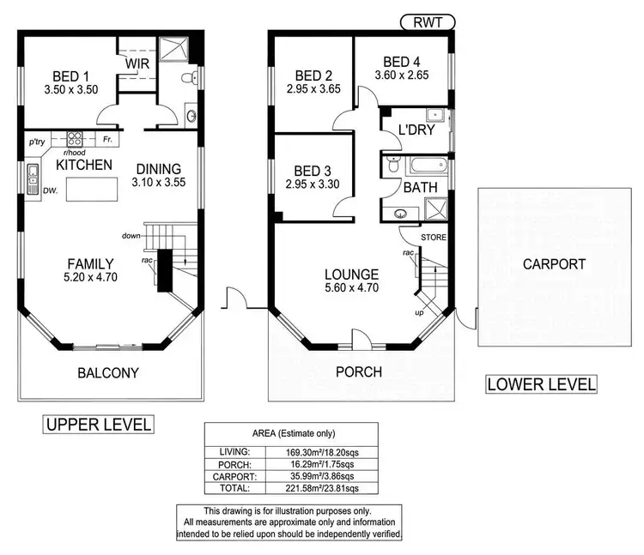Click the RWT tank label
(428, 22)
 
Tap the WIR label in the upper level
(137, 64)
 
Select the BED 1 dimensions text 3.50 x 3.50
(71, 89)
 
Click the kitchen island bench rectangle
(92, 189)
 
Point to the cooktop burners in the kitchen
(75, 139)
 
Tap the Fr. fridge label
(107, 140)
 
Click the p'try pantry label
(37, 142)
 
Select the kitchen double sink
(33, 179)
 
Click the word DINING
(159, 169)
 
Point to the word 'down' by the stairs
(131, 235)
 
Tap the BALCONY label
(108, 373)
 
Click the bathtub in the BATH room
(428, 166)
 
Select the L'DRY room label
(416, 130)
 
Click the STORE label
(434, 238)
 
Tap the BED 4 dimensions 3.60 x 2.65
(402, 75)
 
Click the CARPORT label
(554, 264)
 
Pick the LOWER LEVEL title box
(541, 384)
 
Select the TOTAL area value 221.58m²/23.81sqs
(322, 488)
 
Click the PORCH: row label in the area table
(234, 465)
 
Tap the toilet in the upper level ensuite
(190, 77)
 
